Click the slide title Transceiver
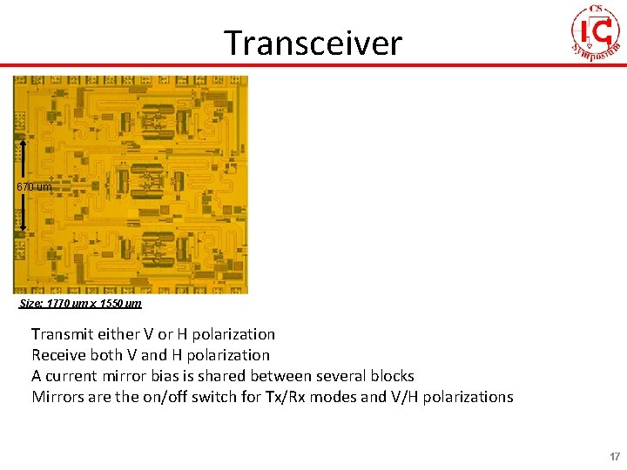(313, 42)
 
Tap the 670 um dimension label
(34, 187)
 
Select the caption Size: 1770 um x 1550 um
(80, 304)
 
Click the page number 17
(615, 457)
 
